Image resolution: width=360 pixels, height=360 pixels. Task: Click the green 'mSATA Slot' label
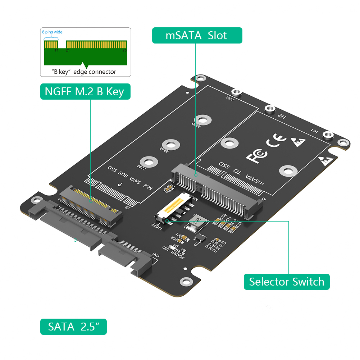(x=197, y=36)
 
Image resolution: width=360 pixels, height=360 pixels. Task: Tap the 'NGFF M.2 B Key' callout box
(x=85, y=91)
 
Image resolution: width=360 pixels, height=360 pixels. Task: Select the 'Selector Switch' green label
(x=287, y=281)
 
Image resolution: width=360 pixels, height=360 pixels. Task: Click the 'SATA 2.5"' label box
(x=73, y=327)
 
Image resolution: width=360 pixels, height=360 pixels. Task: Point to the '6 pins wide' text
(x=52, y=32)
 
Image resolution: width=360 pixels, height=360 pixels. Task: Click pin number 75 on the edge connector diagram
(x=125, y=51)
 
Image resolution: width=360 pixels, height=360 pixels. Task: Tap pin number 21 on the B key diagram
(x=68, y=51)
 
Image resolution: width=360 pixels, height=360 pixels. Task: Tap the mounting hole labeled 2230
(x=146, y=161)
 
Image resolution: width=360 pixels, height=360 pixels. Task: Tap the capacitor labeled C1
(x=184, y=237)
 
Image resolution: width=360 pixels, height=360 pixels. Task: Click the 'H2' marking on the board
(x=282, y=116)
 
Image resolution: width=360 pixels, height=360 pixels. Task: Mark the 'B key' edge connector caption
(x=85, y=72)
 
